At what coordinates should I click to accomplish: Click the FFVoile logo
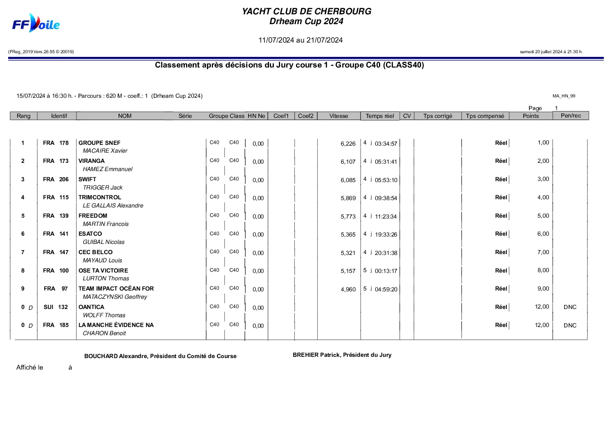click(36, 24)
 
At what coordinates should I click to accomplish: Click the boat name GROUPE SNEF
click(99, 143)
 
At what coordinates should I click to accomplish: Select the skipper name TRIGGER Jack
click(103, 187)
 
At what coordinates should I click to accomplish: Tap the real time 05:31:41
click(386, 162)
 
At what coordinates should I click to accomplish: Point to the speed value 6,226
click(348, 144)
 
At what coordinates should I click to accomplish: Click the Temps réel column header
click(380, 116)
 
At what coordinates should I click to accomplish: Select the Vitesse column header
click(339, 116)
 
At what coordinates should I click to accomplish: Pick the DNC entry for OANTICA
click(570, 307)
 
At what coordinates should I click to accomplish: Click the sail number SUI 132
click(56, 307)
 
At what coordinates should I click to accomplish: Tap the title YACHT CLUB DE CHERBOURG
click(306, 11)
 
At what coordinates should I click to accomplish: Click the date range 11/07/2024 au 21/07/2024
click(300, 40)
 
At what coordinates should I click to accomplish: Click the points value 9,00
click(543, 289)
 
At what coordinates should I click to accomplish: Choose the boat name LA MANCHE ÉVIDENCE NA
click(116, 325)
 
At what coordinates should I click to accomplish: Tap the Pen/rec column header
click(571, 115)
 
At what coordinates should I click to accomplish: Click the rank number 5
click(23, 216)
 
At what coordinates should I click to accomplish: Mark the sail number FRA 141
click(56, 234)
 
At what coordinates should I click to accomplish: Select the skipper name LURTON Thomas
click(106, 278)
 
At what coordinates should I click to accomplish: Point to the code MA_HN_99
click(564, 96)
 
